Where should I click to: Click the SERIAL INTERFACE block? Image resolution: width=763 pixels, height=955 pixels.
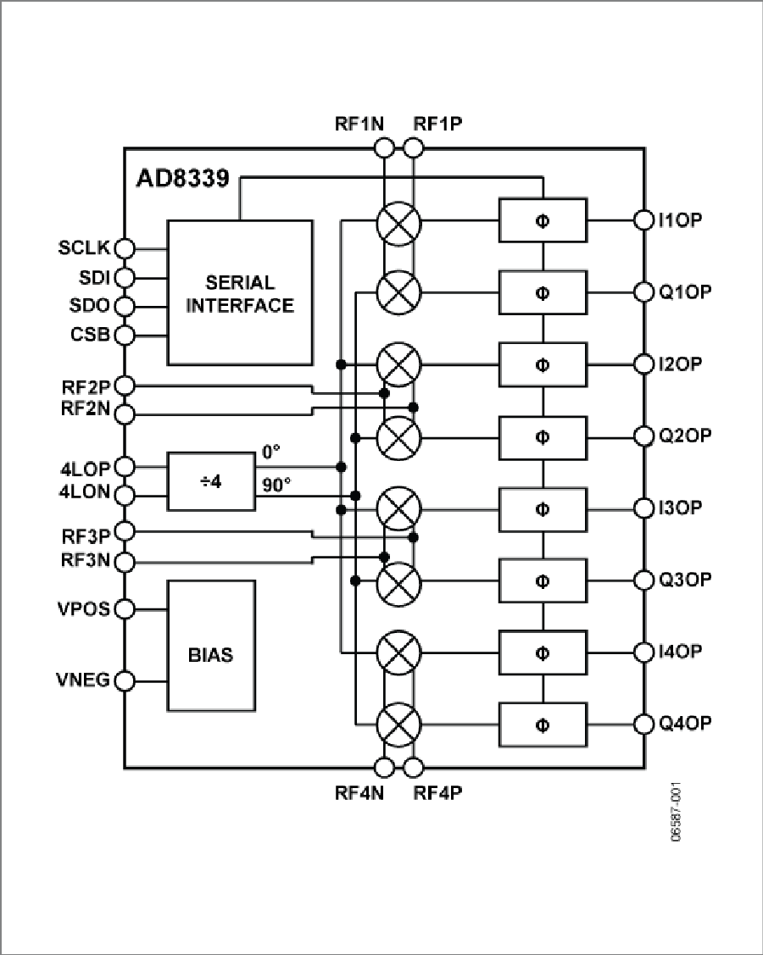[x=239, y=292]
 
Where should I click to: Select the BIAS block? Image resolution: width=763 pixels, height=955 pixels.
[x=210, y=646]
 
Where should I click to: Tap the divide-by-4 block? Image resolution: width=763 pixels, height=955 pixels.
[x=210, y=481]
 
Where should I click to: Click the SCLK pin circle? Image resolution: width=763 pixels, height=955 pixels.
[x=125, y=248]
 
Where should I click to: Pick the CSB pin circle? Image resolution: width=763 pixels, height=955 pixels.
[x=125, y=333]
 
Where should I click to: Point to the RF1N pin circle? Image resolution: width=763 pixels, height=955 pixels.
[x=383, y=148]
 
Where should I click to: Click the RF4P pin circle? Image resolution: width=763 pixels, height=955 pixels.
[x=414, y=769]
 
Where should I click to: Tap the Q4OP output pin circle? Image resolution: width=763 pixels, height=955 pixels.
[x=644, y=724]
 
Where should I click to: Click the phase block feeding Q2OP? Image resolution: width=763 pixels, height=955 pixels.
[x=543, y=436]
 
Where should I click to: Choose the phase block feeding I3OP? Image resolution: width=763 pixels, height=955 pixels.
[x=543, y=508]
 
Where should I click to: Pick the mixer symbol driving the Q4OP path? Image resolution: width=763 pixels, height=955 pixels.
[x=398, y=724]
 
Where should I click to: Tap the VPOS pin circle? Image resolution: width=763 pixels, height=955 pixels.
[x=125, y=608]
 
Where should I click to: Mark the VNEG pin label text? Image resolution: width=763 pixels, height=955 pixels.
[x=85, y=680]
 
